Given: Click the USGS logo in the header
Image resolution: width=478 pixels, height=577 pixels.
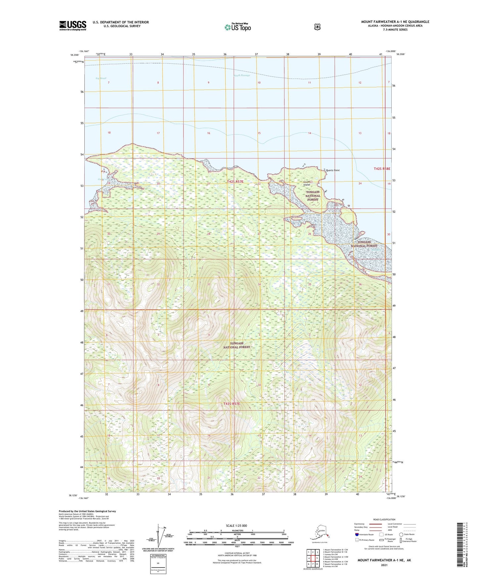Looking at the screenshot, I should pos(73,25).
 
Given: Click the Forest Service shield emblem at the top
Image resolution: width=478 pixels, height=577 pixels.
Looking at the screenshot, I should pos(317,27).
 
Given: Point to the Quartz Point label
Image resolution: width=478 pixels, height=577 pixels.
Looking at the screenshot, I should pos(332,171).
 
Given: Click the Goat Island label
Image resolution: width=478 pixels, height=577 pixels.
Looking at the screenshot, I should pos(307,183).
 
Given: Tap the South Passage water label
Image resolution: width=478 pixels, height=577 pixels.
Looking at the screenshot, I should pos(242,75).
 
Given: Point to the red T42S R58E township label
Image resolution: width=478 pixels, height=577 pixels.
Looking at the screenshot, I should pos(382,169).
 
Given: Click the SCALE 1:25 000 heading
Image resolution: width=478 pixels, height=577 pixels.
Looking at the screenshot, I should pos(236,525).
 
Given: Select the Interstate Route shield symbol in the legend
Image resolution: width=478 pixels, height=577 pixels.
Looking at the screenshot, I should pos(357,534).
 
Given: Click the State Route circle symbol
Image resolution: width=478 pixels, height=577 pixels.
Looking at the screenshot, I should pos(401,534).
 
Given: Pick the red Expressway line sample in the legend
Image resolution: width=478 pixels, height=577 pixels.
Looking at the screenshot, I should pos(375,524).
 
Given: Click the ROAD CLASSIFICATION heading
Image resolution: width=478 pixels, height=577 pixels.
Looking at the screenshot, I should pos(384,519).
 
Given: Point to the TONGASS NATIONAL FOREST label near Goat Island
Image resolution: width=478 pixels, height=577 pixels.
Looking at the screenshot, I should pos(313,196).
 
